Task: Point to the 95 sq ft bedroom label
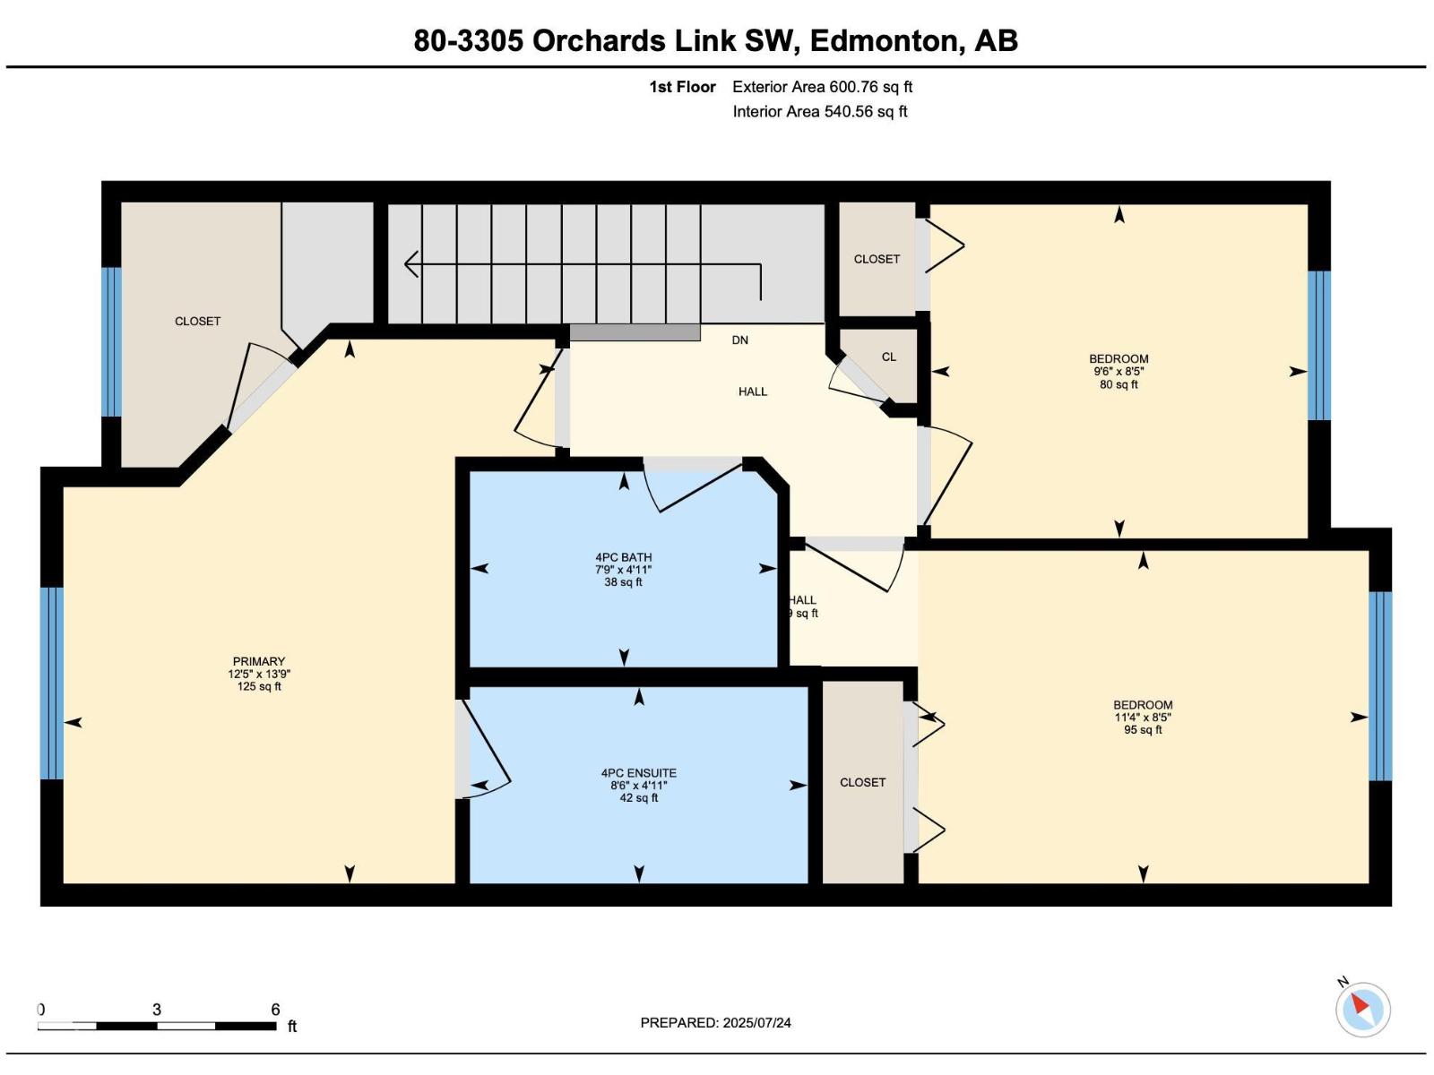1143,718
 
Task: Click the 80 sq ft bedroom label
1119,372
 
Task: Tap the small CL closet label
888,357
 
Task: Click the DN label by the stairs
739,340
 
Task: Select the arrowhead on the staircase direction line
410,264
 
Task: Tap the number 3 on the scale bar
157,1009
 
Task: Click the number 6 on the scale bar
275,1009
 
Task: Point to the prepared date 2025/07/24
756,1023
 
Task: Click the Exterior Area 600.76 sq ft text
822,87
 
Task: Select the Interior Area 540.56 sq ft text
820,112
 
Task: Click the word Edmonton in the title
884,40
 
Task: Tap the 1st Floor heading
682,87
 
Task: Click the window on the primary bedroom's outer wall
52,684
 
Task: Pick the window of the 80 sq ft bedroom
1318,345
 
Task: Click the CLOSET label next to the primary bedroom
197,321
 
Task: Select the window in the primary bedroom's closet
112,341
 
